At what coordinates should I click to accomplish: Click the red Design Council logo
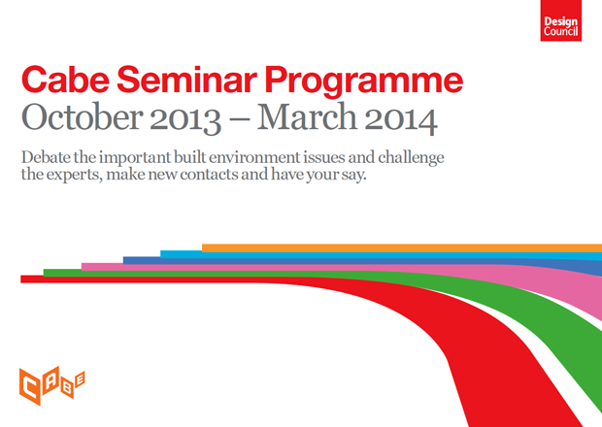click(x=561, y=20)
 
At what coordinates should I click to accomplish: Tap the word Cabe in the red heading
click(x=65, y=80)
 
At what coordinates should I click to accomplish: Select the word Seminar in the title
click(x=187, y=80)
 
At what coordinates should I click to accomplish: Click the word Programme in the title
click(x=364, y=82)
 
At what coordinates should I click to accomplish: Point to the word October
click(x=83, y=117)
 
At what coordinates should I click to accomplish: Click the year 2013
click(x=185, y=119)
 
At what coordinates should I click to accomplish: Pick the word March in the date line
click(x=308, y=117)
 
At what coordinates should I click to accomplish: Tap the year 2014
click(x=401, y=119)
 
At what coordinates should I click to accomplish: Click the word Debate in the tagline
click(x=46, y=157)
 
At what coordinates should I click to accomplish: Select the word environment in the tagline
click(x=253, y=158)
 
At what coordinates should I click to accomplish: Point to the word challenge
click(x=411, y=158)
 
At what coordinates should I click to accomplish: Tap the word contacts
click(x=209, y=176)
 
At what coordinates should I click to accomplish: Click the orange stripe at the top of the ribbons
click(x=402, y=247)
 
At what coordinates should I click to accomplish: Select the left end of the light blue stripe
click(x=161, y=254)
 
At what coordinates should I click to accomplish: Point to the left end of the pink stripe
click(x=83, y=267)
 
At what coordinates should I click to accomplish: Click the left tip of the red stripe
click(x=21, y=279)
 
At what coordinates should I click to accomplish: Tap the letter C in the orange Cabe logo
click(x=30, y=386)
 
